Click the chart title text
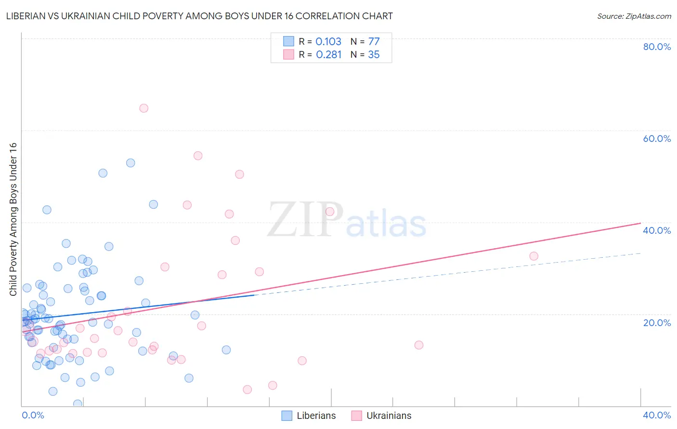pyautogui.click(x=199, y=16)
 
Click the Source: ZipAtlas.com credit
pyautogui.click(x=634, y=16)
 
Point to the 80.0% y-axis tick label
pyautogui.click(x=657, y=47)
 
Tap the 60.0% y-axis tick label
pyautogui.click(x=657, y=139)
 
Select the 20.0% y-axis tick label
pyautogui.click(x=657, y=323)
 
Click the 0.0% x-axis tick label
pyautogui.click(x=33, y=415)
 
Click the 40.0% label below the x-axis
pyautogui.click(x=657, y=415)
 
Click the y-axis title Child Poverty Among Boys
pyautogui.click(x=13, y=219)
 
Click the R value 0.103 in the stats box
pyautogui.click(x=328, y=42)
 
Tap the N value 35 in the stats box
pyautogui.click(x=374, y=55)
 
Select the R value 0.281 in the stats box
pyautogui.click(x=329, y=55)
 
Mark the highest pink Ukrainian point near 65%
pyautogui.click(x=143, y=108)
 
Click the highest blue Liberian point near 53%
pyautogui.click(x=130, y=163)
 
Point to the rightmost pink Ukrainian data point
pyautogui.click(x=534, y=256)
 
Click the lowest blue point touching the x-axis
pyautogui.click(x=78, y=404)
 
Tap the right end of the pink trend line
pyautogui.click(x=640, y=223)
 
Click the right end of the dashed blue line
pyautogui.click(x=640, y=253)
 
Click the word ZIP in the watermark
pyautogui.click(x=305, y=220)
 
